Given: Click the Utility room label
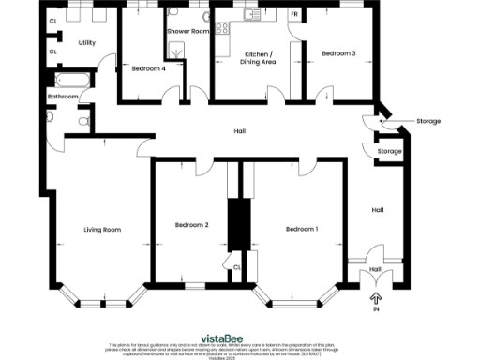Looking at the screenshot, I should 87,43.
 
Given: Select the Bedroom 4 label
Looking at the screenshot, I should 149,68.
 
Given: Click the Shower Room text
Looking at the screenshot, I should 187,31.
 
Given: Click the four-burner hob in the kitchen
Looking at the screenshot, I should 224,29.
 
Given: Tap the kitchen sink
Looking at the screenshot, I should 248,16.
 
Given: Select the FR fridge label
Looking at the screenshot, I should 294,15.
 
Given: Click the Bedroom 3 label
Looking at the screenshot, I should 338,53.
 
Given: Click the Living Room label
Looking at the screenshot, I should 102,230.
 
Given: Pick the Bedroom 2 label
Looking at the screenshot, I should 191,225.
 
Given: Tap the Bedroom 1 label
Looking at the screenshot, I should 302,230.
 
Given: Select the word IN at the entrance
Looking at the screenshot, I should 377,308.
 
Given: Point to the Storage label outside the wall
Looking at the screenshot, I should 427,121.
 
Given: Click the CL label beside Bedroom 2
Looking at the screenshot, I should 237,266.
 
